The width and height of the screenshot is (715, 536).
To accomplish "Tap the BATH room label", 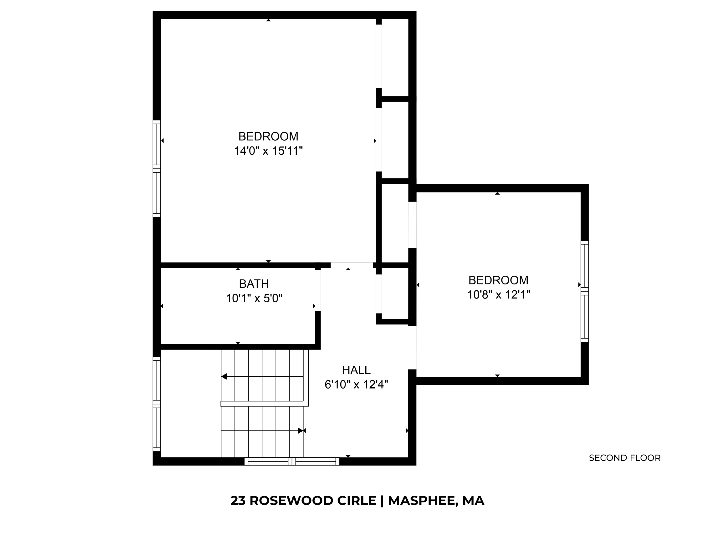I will (254, 284).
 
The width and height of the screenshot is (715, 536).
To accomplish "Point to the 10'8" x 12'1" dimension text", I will (498, 295).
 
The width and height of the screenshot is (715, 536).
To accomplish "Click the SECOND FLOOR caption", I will (624, 458).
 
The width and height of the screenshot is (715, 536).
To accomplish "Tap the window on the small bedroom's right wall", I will (584, 291).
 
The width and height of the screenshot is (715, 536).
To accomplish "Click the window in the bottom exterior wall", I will (291, 461).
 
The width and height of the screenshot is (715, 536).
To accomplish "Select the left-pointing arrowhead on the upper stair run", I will (224, 376).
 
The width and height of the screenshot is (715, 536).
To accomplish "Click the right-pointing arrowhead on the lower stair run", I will (300, 431).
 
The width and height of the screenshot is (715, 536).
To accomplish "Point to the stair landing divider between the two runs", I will (263, 404).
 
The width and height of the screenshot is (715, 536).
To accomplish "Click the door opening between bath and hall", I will (318, 290).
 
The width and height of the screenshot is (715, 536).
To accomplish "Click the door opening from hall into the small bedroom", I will (412, 348).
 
